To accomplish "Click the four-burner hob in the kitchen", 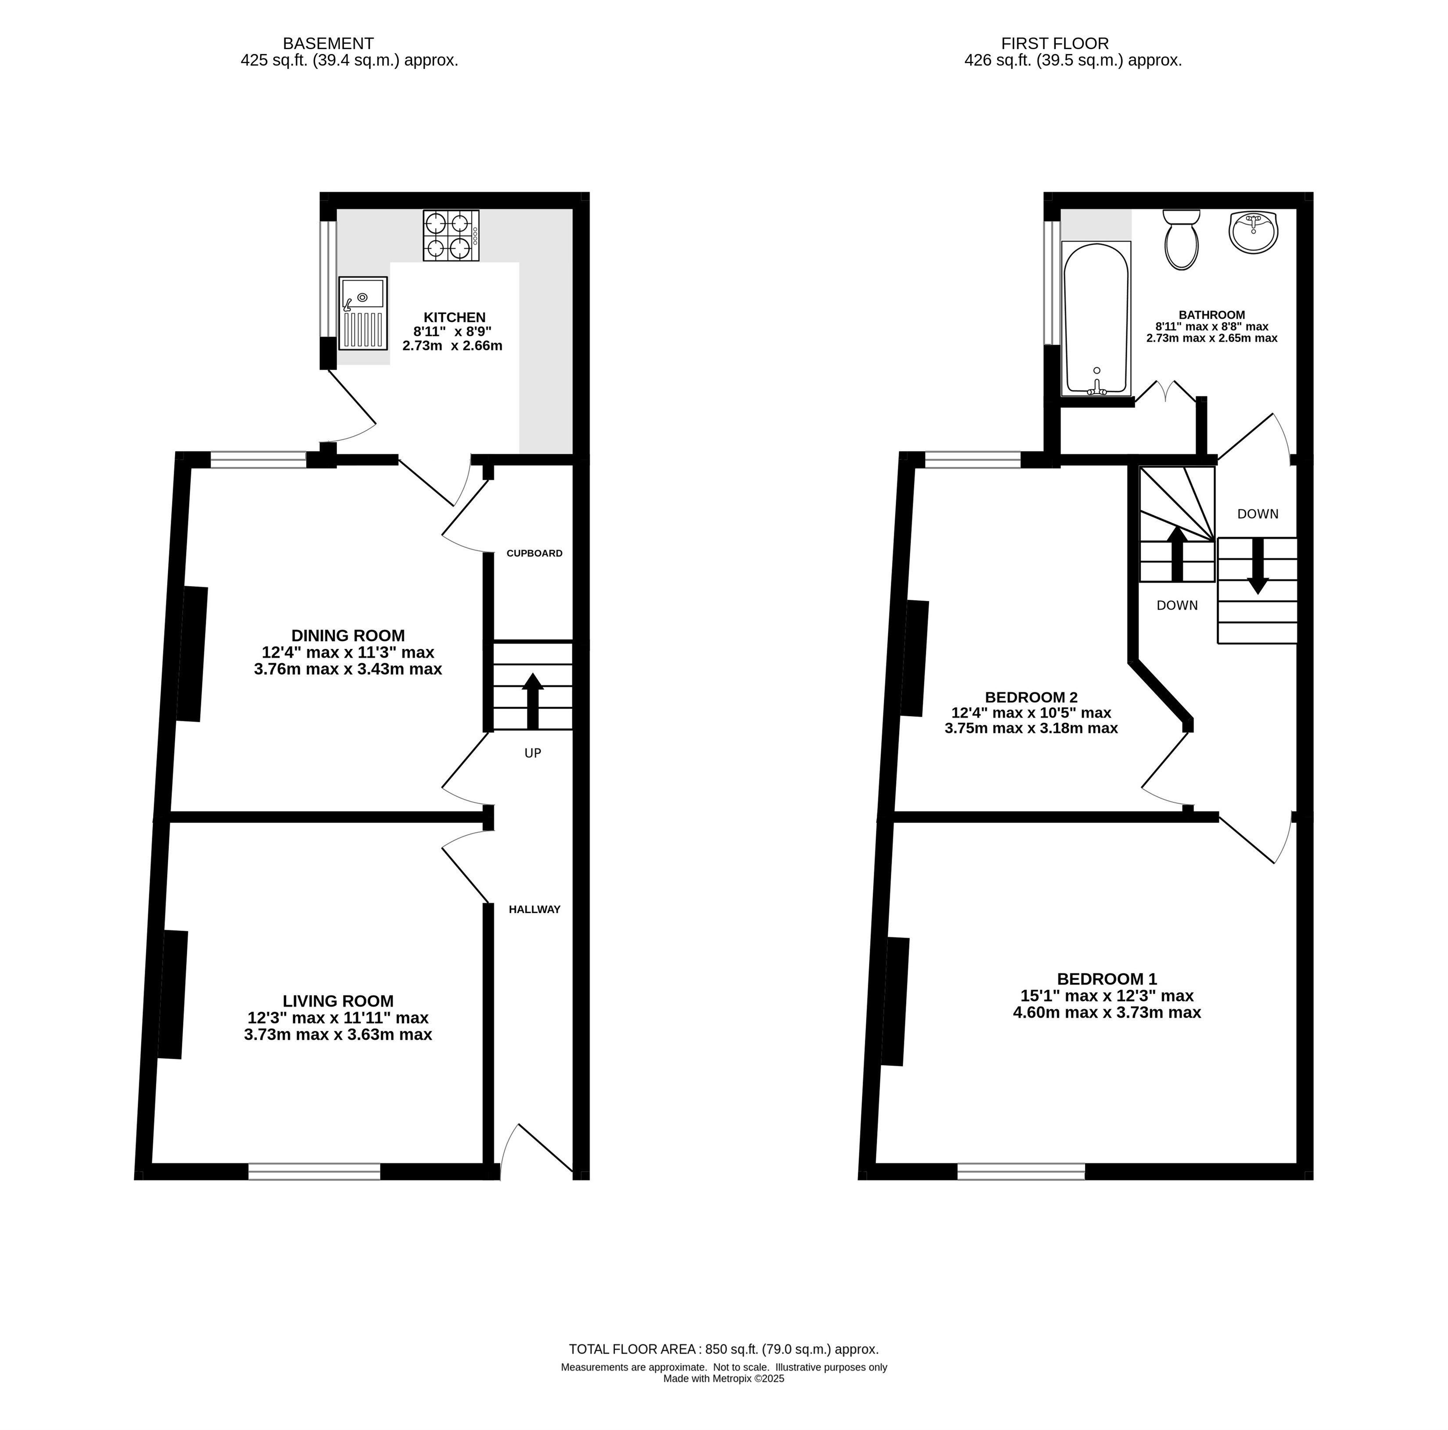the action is click(x=451, y=235).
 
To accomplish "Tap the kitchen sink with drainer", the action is click(x=363, y=313).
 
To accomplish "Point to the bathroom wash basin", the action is click(x=1253, y=232).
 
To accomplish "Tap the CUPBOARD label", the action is click(x=534, y=553).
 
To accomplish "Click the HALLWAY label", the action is click(x=534, y=909).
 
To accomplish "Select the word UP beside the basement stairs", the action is click(x=533, y=753).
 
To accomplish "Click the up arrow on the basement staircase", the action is click(x=533, y=701).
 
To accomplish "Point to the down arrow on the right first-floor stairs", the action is click(x=1258, y=566).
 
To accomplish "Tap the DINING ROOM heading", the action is click(x=348, y=636).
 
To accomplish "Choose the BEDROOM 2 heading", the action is click(x=1031, y=697).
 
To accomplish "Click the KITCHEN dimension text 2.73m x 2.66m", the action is click(x=452, y=346).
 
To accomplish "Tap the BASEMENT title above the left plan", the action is click(x=328, y=43).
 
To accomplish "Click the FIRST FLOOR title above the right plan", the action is click(x=1055, y=43).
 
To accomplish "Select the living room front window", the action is click(x=314, y=1171).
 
